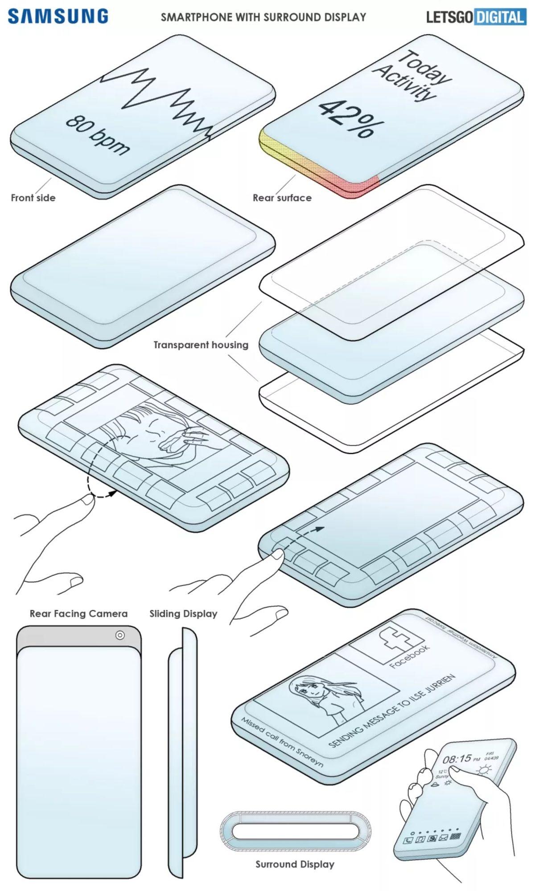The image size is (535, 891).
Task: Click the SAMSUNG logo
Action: (x=58, y=16)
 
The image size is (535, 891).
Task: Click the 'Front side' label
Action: (x=33, y=198)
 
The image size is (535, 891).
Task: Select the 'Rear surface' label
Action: (x=282, y=198)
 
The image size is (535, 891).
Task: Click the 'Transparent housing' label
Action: (x=201, y=345)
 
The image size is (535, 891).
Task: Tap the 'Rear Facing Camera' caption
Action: (x=78, y=614)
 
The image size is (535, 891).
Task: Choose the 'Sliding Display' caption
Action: (x=183, y=614)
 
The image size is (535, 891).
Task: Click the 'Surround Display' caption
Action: (x=295, y=864)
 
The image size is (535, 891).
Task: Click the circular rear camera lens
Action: (x=119, y=635)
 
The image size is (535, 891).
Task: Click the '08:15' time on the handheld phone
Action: (x=456, y=759)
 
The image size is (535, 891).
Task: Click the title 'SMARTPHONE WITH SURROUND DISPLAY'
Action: (x=263, y=17)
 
